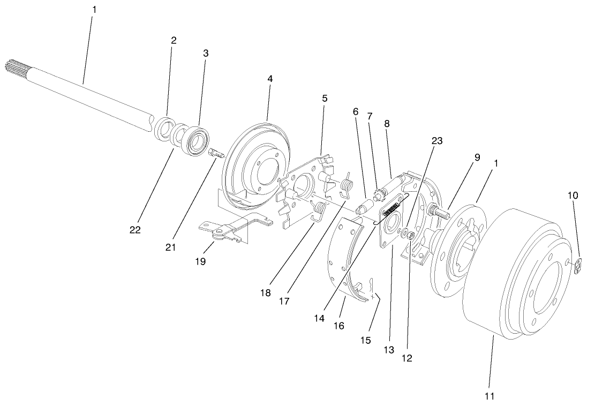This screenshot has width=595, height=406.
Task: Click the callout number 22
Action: (134, 229)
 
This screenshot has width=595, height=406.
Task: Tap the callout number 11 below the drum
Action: (489, 396)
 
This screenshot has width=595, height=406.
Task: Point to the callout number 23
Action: (437, 140)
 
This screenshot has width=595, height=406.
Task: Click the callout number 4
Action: (270, 78)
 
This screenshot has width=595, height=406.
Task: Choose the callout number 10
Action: (573, 196)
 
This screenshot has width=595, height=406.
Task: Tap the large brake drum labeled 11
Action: (514, 279)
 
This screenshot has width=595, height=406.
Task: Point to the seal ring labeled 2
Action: (162, 130)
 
